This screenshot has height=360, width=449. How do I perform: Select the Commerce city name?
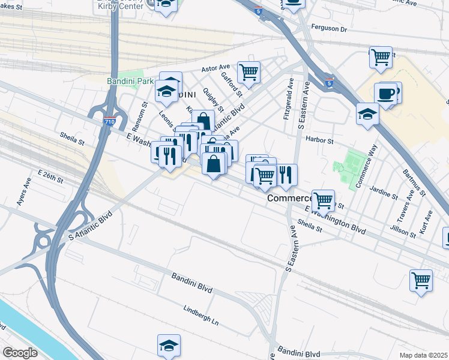(289, 197)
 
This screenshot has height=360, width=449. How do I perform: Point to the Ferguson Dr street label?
(329, 28)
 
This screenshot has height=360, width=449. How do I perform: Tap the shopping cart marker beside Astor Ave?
(249, 73)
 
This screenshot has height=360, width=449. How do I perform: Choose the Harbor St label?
(319, 140)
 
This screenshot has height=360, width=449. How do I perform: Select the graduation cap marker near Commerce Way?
(367, 113)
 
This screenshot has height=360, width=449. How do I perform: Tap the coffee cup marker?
(385, 94)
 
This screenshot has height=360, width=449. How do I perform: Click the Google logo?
(20, 352)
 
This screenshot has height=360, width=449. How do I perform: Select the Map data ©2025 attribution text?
(423, 355)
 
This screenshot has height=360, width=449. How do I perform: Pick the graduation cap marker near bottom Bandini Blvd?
(169, 345)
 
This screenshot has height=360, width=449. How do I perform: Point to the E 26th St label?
(50, 176)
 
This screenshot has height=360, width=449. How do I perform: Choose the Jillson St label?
(404, 230)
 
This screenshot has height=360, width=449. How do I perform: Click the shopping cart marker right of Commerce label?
(323, 200)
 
